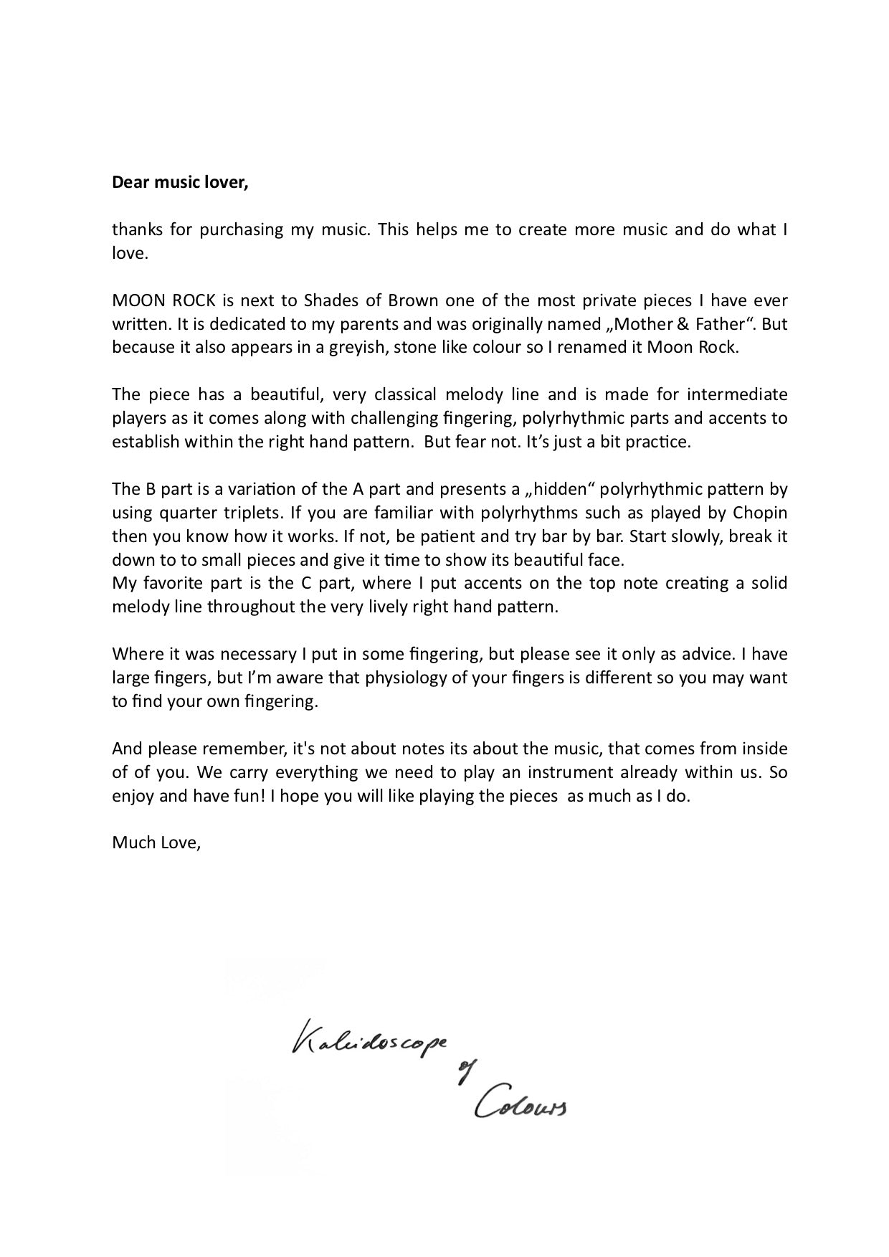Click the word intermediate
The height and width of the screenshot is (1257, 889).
coord(737,394)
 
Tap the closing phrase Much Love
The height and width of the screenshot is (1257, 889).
coord(156,843)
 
